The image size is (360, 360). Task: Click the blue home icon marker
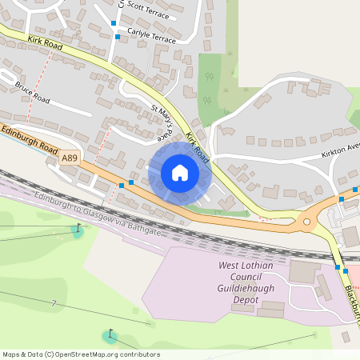tap(179, 172)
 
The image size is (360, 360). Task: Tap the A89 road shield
tap(70, 159)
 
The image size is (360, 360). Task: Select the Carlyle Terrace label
tap(150, 38)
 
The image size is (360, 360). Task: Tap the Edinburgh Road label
tap(29, 139)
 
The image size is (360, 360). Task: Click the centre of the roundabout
tap(306, 222)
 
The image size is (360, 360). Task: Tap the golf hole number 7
tap(54, 303)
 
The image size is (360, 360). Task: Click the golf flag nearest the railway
tap(78, 230)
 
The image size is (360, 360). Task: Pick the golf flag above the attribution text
tap(110, 334)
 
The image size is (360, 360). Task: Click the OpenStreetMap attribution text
tap(80, 354)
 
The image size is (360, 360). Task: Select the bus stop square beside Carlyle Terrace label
tap(118, 37)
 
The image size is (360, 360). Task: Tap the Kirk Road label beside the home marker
tap(198, 148)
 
